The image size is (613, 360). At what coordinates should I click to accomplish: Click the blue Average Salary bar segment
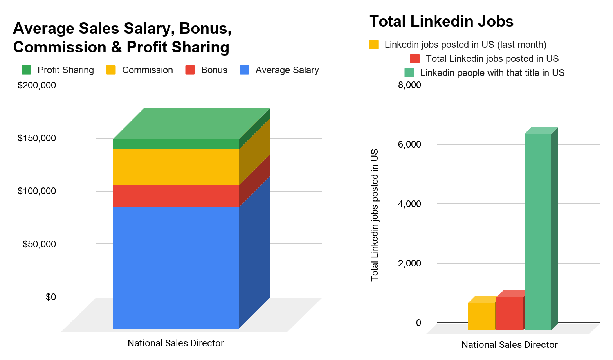coord(175,268)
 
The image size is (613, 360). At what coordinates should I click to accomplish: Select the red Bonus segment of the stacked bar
coord(175,196)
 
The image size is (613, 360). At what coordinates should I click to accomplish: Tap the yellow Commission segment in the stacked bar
coord(175,167)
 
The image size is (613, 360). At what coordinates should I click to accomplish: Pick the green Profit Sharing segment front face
coord(175,144)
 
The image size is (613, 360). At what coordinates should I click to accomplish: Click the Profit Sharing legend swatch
coord(26,70)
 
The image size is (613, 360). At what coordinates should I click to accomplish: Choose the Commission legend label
coord(147,70)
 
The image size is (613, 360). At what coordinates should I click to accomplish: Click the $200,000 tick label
coord(37,85)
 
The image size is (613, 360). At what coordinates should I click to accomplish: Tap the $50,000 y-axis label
coord(39,244)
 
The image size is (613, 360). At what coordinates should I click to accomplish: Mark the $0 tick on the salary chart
coord(51,297)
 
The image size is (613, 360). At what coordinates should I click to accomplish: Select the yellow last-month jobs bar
coord(481,316)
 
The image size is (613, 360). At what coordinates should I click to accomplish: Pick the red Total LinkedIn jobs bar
coord(510,313)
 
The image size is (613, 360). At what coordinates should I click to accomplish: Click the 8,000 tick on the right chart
coord(409,85)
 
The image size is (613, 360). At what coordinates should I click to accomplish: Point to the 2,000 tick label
coord(409,263)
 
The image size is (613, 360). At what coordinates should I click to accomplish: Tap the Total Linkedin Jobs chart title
coord(441,21)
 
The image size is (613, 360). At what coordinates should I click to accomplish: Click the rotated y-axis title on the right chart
coord(375,215)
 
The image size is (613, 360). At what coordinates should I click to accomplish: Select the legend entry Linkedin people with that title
coord(492,73)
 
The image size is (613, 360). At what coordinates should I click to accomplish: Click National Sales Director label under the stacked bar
coord(176,343)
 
